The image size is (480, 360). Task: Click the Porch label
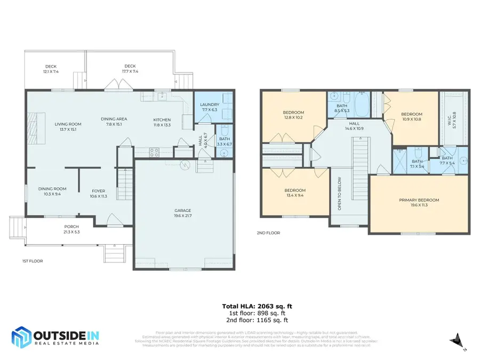click(71, 229)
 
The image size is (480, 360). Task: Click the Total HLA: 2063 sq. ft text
click(257, 306)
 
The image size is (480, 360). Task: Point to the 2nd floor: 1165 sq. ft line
click(257, 321)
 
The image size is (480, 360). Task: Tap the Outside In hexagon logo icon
click(21, 338)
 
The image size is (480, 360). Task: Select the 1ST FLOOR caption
click(32, 261)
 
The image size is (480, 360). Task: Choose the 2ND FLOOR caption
click(269, 233)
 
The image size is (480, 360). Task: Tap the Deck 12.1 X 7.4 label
click(51, 69)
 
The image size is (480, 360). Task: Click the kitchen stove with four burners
click(154, 151)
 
